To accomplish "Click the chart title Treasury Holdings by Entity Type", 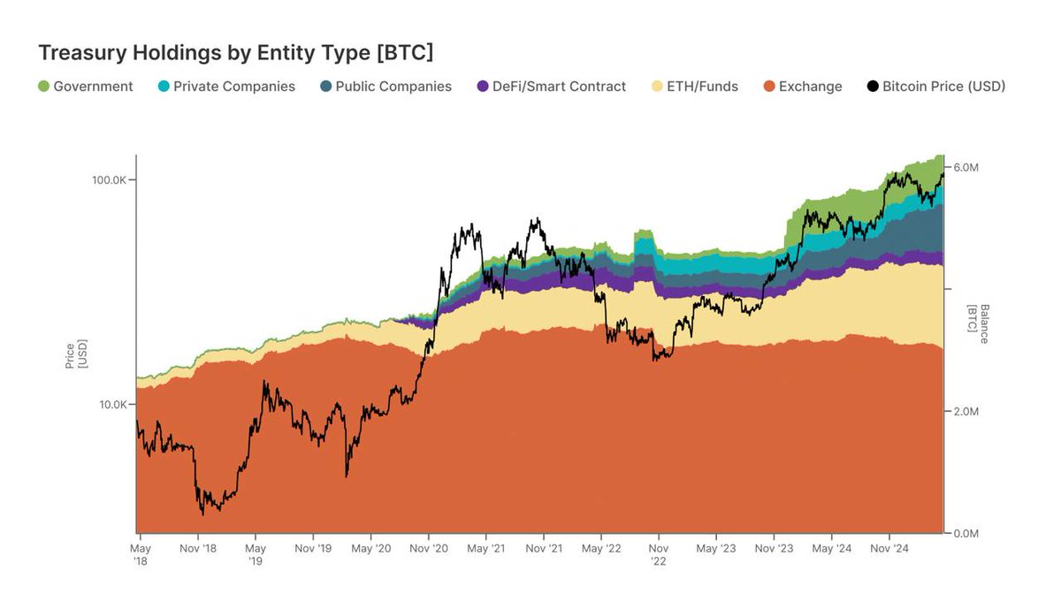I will (236, 53).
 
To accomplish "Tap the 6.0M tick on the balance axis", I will (966, 167).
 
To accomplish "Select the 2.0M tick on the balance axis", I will (966, 412).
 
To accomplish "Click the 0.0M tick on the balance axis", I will (966, 534).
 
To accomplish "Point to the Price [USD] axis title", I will (76, 353).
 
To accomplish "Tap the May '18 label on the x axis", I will (141, 554).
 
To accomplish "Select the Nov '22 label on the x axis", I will (659, 554).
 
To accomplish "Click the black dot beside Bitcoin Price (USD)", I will (873, 87).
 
